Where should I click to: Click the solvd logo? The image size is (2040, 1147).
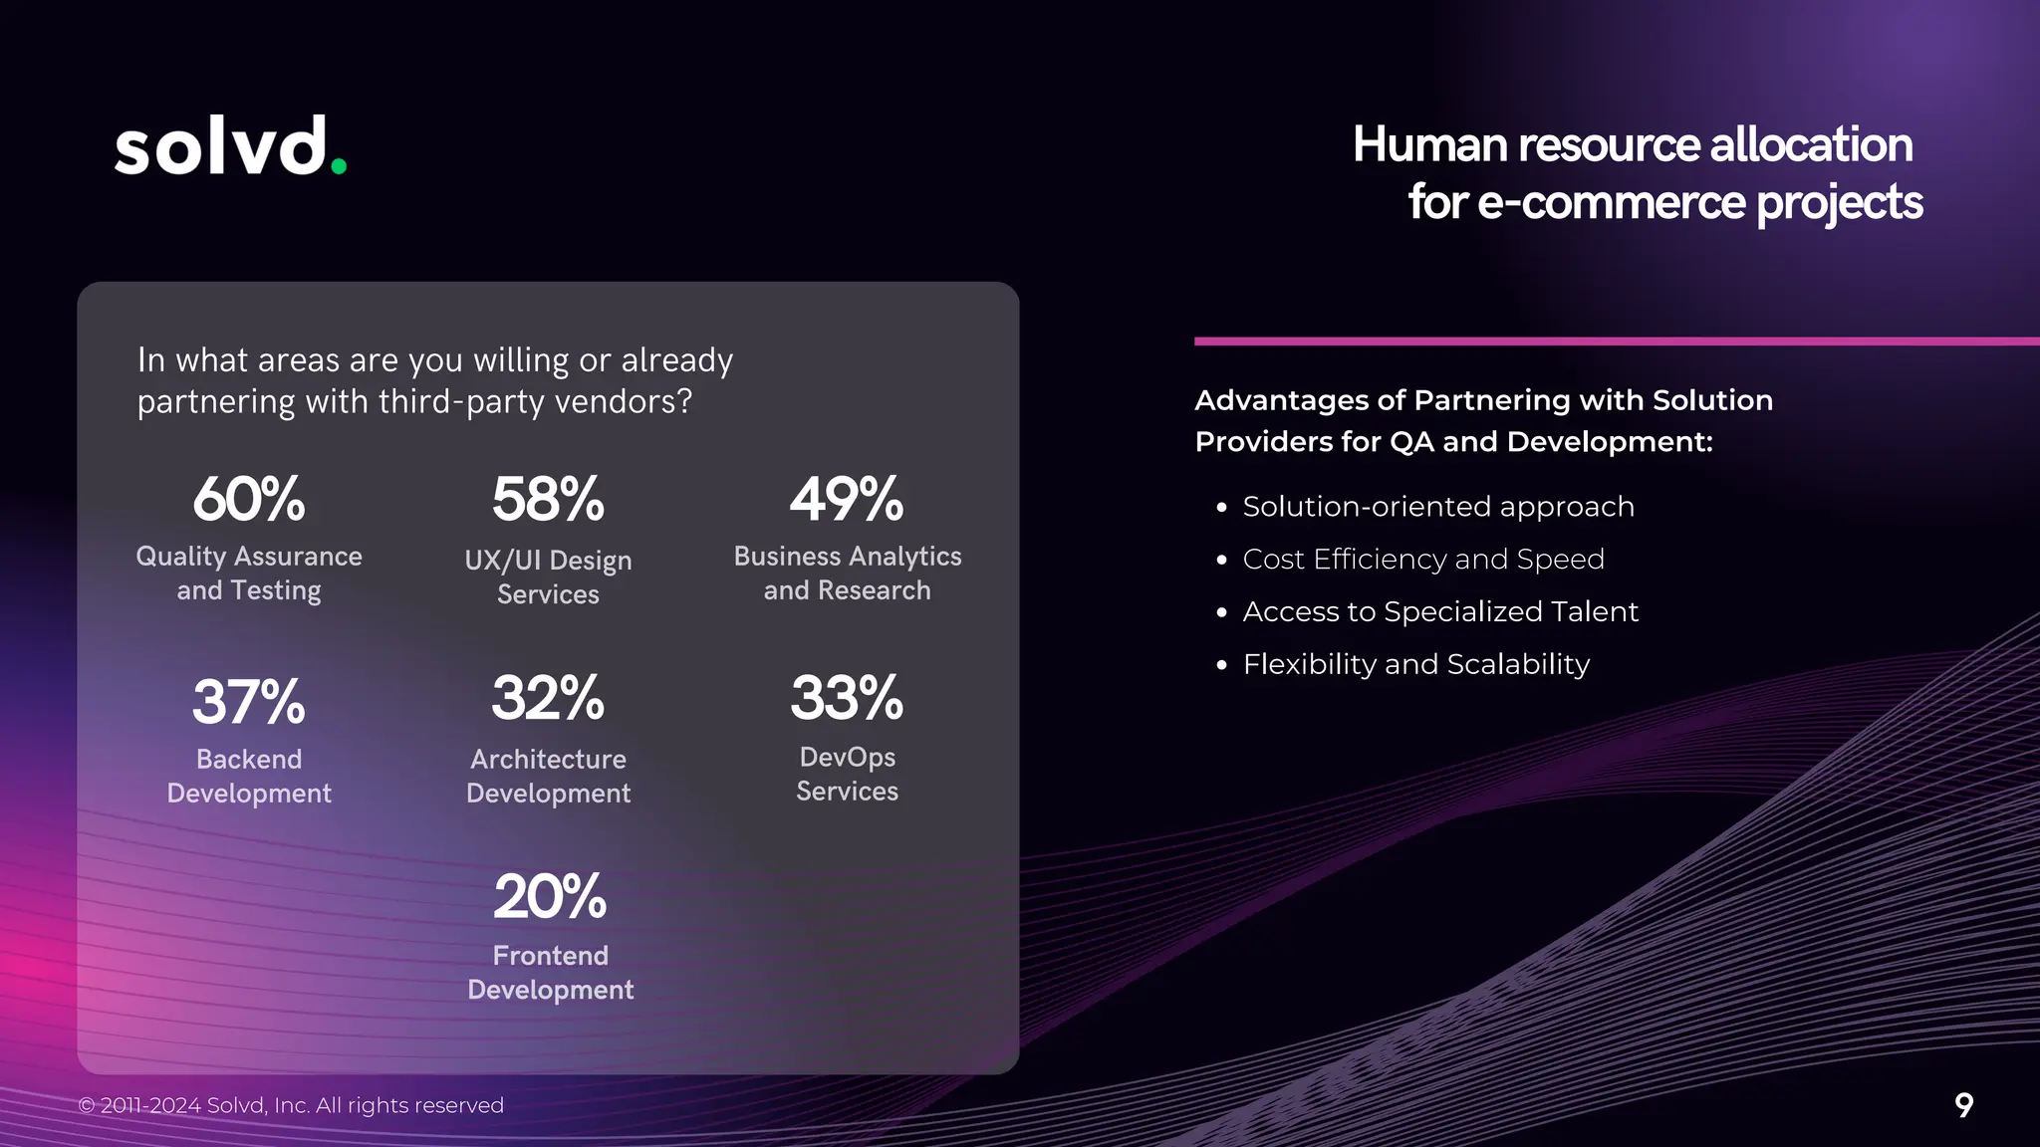[230, 147]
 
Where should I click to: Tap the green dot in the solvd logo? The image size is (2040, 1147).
[339, 167]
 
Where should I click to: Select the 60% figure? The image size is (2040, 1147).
[249, 499]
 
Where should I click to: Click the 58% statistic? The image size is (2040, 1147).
[548, 499]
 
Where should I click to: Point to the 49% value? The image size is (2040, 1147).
[847, 499]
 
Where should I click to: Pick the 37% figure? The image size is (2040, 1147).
[249, 702]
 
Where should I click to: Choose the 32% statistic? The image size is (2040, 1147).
[548, 698]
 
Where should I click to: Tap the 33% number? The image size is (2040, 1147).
[847, 698]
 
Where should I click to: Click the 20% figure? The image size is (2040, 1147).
[550, 896]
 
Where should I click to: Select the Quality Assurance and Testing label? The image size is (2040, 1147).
[249, 573]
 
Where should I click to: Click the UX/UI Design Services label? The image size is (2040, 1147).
[548, 577]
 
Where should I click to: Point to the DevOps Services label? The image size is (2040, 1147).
[847, 774]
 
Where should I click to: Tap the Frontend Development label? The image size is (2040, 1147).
[550, 973]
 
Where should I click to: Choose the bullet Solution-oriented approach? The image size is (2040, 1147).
[1437, 507]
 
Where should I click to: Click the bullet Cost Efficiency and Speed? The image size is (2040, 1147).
[1422, 560]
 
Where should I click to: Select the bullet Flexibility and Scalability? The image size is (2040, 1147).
[1415, 664]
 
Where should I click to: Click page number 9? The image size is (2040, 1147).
[1963, 1105]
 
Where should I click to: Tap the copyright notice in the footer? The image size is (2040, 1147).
[291, 1105]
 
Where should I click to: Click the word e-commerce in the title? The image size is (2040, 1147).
[1612, 203]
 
